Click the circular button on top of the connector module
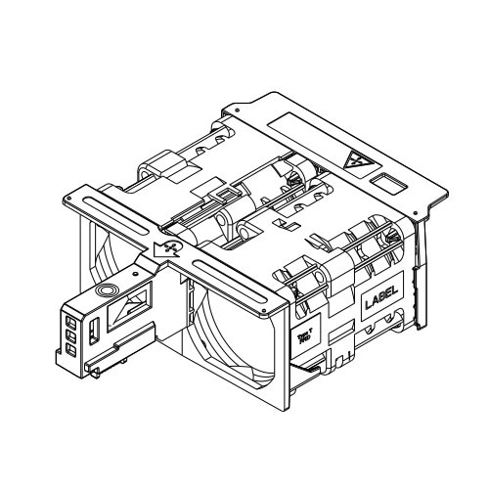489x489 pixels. tap(107, 290)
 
